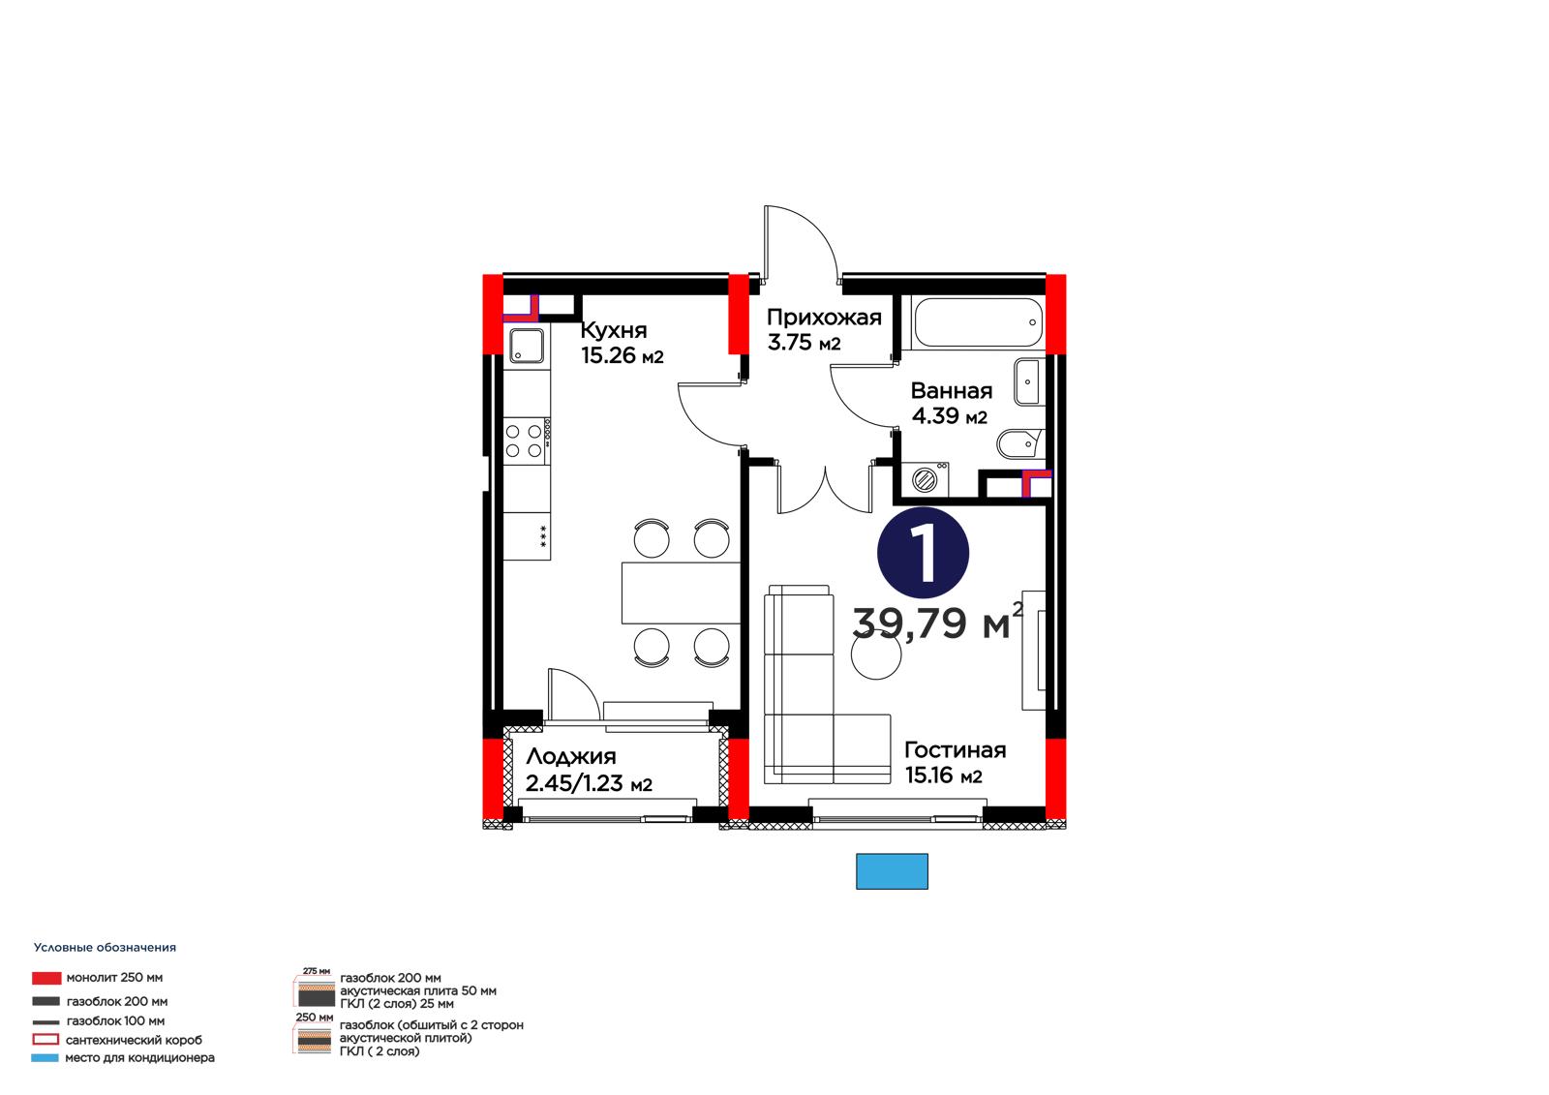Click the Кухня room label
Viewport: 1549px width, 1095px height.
click(614, 330)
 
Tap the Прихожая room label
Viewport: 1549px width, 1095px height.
click(824, 318)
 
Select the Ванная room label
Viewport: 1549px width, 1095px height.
click(951, 391)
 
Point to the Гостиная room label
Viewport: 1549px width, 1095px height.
click(955, 749)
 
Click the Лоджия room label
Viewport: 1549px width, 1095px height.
click(570, 757)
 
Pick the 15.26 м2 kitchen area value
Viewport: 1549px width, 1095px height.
click(622, 355)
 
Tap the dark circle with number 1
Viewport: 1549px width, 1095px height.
click(923, 553)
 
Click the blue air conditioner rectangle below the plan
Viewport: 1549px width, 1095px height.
click(892, 871)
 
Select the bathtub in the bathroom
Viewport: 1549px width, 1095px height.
click(977, 322)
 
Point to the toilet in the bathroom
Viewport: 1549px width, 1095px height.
click(1019, 442)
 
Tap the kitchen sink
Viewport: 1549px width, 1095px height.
click(527, 346)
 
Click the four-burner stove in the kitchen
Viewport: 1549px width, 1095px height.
click(527, 441)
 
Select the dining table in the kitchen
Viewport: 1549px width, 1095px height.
click(681, 593)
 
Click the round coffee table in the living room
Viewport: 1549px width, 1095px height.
click(876, 654)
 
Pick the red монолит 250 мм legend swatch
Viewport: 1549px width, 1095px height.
click(46, 978)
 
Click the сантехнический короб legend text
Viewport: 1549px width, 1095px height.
click(134, 1040)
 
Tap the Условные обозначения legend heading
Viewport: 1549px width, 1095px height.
click(106, 948)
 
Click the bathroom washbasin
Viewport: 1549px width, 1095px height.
click(1027, 381)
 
